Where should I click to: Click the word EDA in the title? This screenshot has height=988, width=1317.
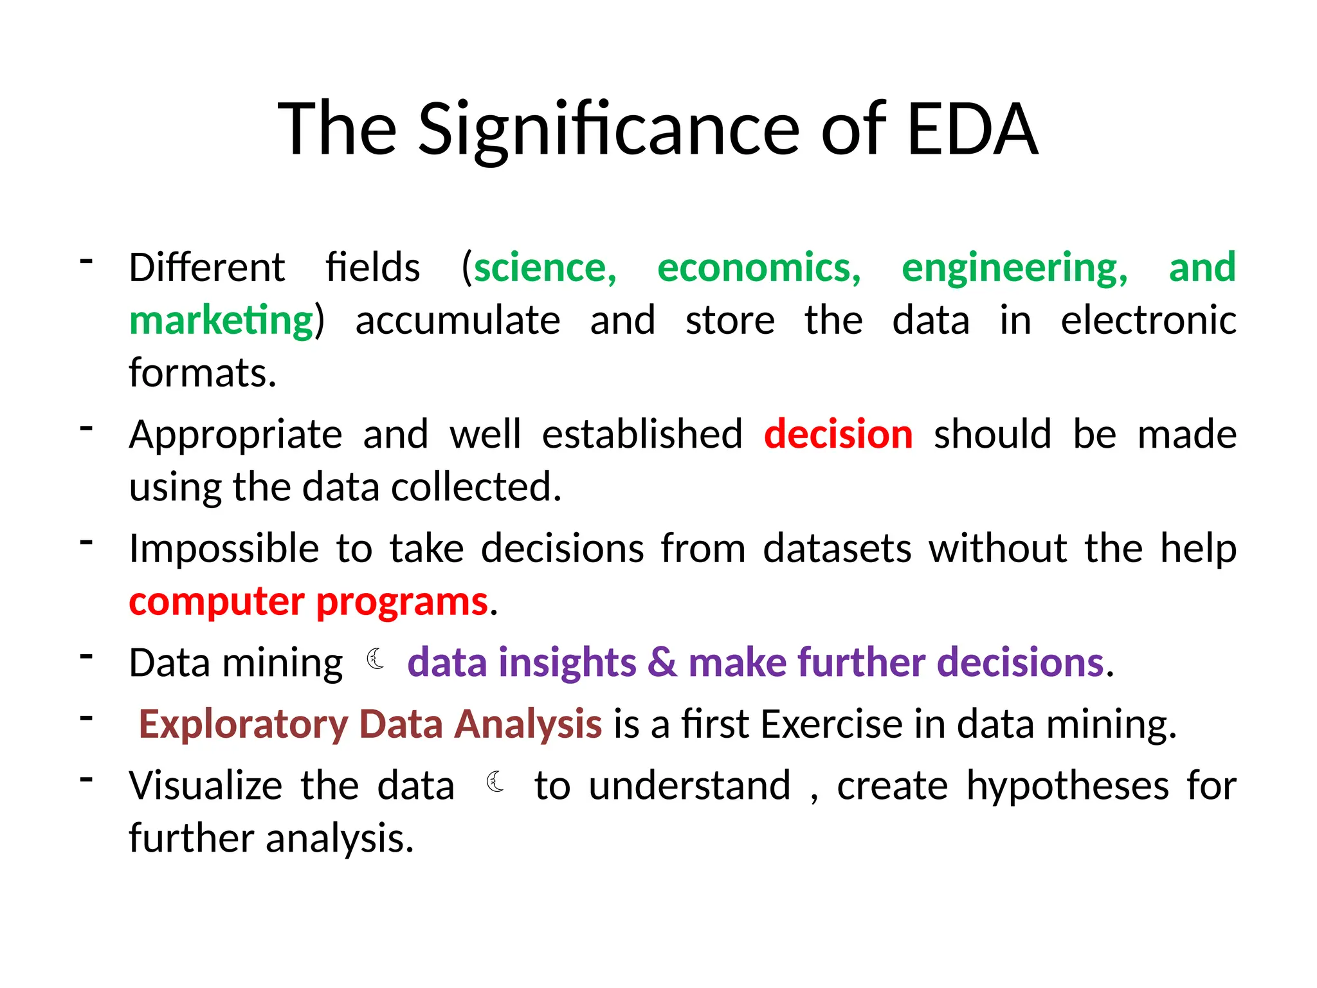pos(972,129)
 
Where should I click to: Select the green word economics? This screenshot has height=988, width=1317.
pos(759,268)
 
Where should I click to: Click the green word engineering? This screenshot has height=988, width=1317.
pos(1014,268)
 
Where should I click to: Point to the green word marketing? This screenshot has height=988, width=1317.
pos(221,320)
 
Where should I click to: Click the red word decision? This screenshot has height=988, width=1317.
pos(838,434)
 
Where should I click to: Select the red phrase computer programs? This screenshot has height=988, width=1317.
pos(309,602)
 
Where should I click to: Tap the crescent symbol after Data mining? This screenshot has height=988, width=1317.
pos(375,660)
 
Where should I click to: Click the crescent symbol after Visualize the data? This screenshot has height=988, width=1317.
pos(495,782)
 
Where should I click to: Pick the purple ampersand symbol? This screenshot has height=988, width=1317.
pos(662,663)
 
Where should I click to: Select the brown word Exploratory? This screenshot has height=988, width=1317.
pos(243,724)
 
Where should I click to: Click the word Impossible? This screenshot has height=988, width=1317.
pos(224,549)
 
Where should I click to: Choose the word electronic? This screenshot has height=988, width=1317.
pos(1148,320)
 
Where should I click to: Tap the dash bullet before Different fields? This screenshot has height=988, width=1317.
pos(87,261)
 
